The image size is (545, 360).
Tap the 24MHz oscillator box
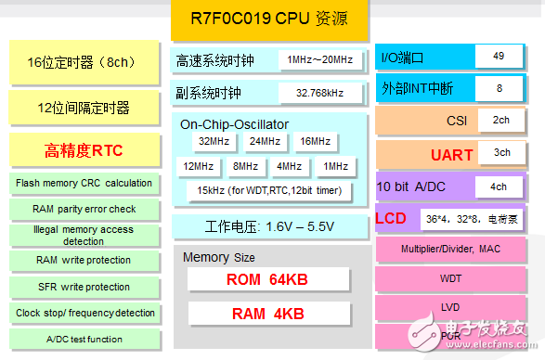coord(264,142)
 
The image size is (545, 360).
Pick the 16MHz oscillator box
coord(315,142)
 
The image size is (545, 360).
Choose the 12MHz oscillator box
coord(198,166)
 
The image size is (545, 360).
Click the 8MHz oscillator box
coord(245,166)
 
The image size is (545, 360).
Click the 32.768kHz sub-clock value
coord(319,94)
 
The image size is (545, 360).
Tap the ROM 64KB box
coord(268,279)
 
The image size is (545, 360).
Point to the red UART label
coord(452,155)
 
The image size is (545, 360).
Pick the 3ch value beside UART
coord(501,153)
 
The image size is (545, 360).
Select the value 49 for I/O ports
coord(499,57)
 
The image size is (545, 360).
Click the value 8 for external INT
coord(500,88)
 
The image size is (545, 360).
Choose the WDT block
coord(450,277)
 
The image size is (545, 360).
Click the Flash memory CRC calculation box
coord(84,183)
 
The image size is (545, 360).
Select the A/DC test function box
coord(84,339)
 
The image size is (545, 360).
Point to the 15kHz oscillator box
coord(268,191)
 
